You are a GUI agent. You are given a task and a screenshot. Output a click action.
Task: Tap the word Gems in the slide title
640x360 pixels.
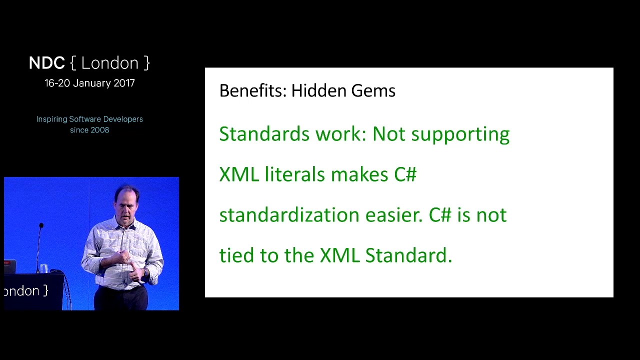[x=373, y=91]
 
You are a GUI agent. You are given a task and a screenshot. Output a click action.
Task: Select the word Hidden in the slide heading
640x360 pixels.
[x=318, y=91]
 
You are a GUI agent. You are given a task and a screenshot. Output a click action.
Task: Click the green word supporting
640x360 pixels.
[x=460, y=135]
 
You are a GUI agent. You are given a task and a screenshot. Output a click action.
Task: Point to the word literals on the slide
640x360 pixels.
[x=295, y=174]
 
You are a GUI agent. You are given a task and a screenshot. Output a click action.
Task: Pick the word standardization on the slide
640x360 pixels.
[x=289, y=215]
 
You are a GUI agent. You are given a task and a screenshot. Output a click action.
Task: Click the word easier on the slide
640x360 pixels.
[x=394, y=215]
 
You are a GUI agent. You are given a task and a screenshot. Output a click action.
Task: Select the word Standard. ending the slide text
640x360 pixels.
[x=408, y=255]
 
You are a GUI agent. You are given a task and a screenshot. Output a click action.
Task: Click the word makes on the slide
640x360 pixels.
[x=359, y=175]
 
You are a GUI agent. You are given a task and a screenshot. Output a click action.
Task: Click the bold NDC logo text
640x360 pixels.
[x=47, y=63]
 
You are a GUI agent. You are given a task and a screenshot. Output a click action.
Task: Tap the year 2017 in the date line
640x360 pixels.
[x=124, y=83]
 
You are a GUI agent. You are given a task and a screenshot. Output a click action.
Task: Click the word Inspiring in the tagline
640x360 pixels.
[x=51, y=119]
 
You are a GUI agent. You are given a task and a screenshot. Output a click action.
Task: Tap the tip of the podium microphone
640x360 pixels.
[x=41, y=225]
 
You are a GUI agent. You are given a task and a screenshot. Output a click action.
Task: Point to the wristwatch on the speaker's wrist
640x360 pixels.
[x=145, y=272]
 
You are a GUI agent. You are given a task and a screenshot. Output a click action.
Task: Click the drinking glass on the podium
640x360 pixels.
[x=44, y=268]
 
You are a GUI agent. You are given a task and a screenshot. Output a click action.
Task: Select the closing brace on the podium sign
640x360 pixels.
[x=45, y=291]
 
